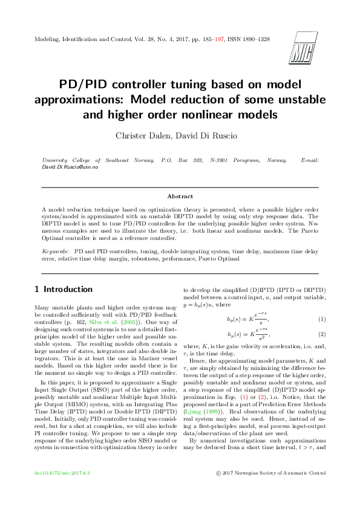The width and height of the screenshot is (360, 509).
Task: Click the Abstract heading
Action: click(x=180, y=196)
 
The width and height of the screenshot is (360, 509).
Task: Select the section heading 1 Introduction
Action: click(x=64, y=289)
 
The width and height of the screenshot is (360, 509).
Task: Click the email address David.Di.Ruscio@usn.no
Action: click(x=70, y=166)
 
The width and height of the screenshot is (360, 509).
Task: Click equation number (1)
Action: click(x=322, y=319)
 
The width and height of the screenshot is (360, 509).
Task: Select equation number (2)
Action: click(x=322, y=334)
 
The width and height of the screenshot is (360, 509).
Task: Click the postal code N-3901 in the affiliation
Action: click(x=221, y=160)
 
